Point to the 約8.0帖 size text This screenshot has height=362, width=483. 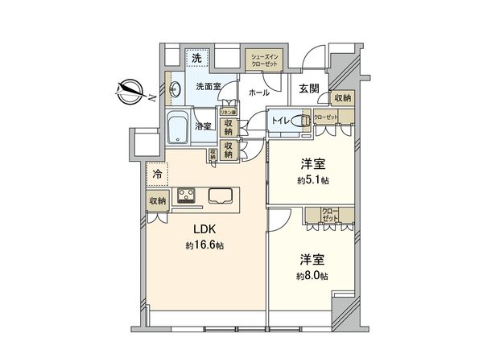click(314, 275)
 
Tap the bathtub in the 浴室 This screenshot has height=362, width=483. click(178, 126)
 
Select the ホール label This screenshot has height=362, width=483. click(259, 93)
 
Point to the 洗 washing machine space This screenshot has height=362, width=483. click(196, 59)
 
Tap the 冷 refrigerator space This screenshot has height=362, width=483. click(155, 172)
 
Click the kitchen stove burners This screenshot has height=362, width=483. click(188, 195)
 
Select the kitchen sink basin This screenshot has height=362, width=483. click(221, 195)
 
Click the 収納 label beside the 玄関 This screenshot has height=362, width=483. click(343, 98)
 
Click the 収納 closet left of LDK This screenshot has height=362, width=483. click(155, 200)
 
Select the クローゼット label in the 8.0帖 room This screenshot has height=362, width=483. click(330, 215)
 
